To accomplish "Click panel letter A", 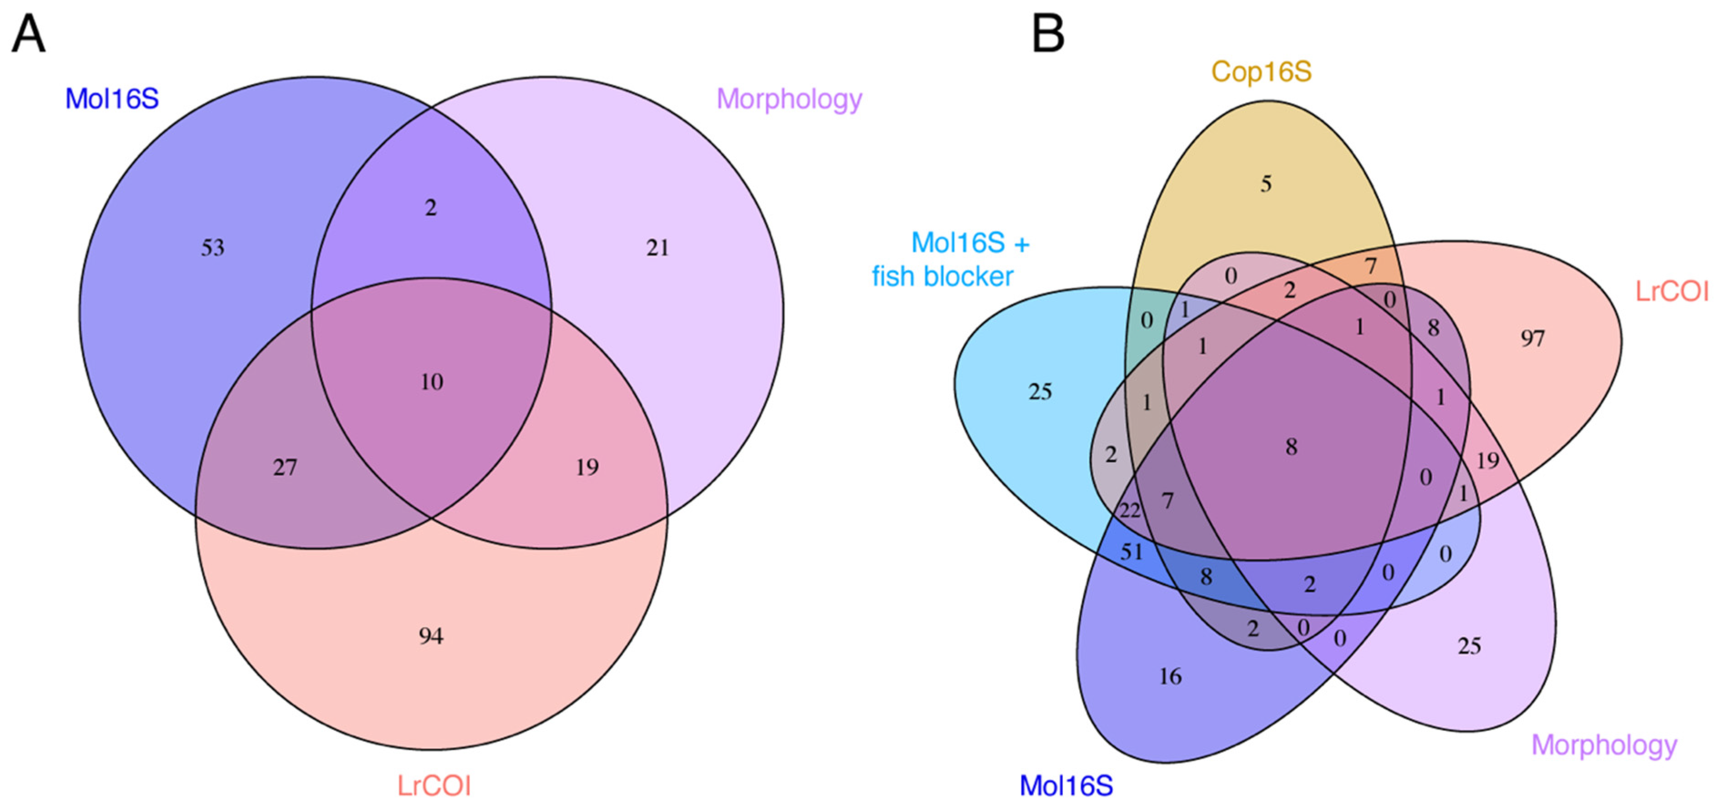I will coord(28,35).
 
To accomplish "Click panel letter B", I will coord(1047,35).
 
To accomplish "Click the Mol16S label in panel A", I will coord(112,99).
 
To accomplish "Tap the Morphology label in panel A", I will coord(789,99).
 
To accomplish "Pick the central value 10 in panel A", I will coord(432,382).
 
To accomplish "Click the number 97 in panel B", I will coord(1532,339).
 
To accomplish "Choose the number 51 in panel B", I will coord(1132,552).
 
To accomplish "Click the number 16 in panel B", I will coord(1170,677).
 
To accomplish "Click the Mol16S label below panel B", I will coord(1066,785).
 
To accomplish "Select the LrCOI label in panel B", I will coord(1671,291).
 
